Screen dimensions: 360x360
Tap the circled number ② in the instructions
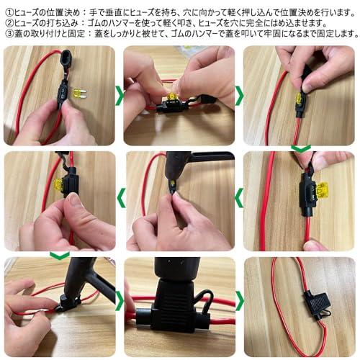point(6,20)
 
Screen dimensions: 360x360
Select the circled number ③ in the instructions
point(6,33)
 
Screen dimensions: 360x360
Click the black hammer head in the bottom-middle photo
point(170,277)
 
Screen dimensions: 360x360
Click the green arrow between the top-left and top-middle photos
point(120,94)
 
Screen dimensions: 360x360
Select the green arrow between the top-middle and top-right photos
point(240,94)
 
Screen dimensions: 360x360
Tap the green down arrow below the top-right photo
point(300,148)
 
